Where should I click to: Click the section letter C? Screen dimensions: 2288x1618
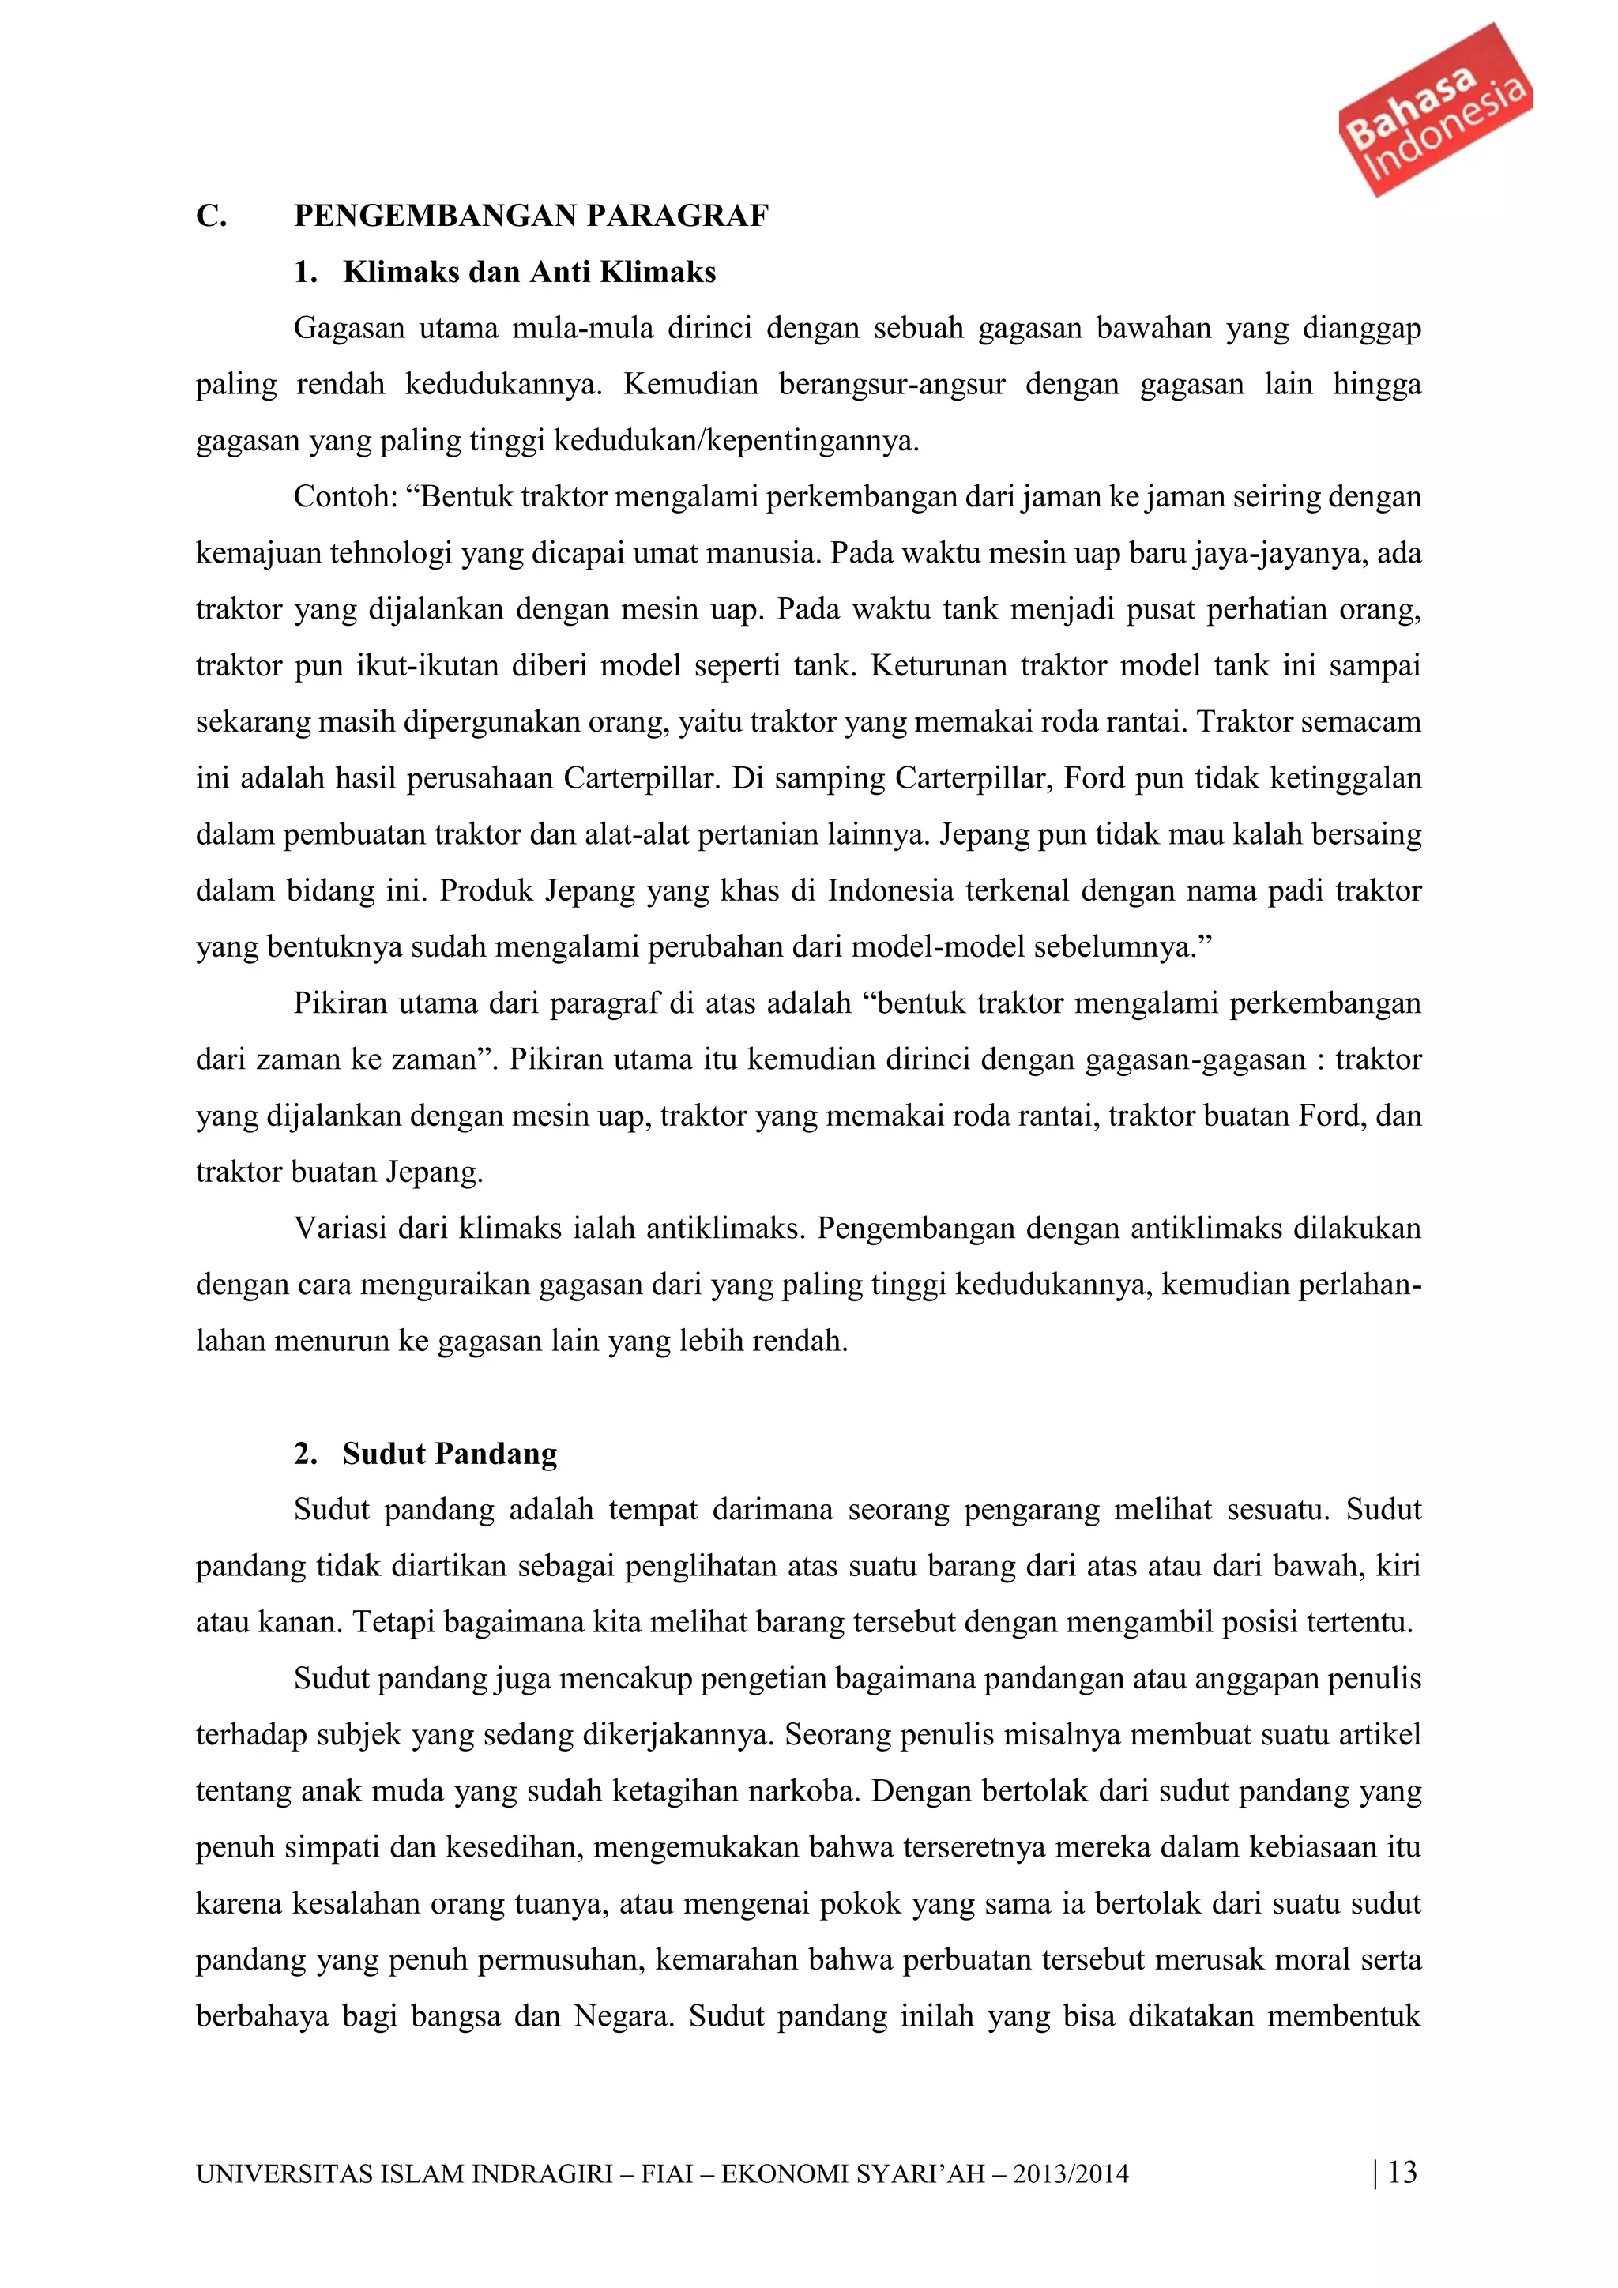(x=210, y=216)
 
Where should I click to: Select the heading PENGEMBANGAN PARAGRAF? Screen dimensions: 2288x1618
(x=531, y=216)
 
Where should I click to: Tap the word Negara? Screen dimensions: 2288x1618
(x=623, y=2017)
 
